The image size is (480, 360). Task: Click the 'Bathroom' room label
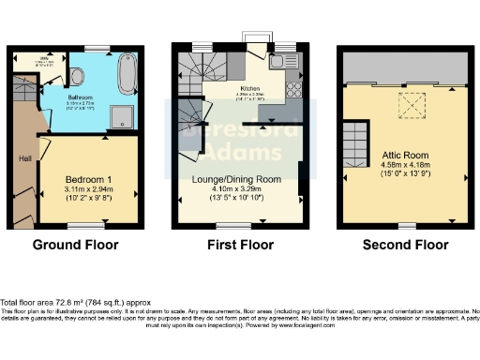tap(79, 96)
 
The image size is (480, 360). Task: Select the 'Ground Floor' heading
tap(75, 245)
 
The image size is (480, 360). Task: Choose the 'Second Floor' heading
tap(405, 245)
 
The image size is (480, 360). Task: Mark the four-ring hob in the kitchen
tap(292, 90)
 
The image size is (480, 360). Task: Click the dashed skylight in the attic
tap(410, 108)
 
